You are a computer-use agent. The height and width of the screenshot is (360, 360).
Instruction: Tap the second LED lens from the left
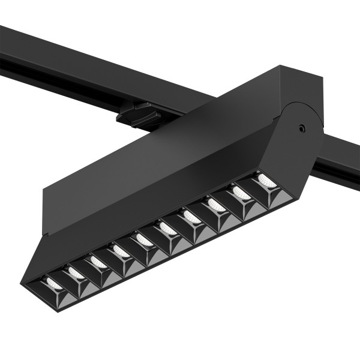(76, 272)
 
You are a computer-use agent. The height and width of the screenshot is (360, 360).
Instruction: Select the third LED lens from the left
(97, 261)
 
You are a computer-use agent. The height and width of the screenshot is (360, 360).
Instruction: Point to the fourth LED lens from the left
(120, 250)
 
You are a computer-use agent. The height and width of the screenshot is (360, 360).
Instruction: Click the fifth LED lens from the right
(167, 228)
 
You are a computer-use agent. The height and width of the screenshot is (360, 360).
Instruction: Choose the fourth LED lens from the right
(192, 217)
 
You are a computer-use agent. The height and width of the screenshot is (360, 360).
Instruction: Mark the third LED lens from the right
(216, 205)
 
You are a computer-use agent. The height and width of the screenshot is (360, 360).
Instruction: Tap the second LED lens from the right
(241, 193)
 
